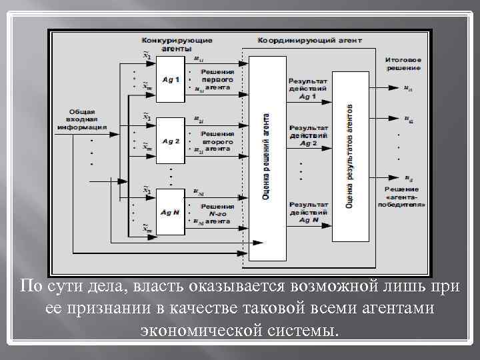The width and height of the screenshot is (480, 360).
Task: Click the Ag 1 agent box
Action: [170, 81]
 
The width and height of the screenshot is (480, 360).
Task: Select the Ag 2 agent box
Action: [170, 141]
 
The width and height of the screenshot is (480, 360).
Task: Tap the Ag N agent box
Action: [170, 212]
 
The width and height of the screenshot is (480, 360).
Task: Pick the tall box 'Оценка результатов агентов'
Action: [350, 155]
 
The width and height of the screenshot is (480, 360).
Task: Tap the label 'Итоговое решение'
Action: [403, 64]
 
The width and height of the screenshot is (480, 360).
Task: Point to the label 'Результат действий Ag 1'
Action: [307, 88]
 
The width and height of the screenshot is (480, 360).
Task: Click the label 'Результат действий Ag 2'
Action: [307, 135]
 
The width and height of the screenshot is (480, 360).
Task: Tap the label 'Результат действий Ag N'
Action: [307, 211]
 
